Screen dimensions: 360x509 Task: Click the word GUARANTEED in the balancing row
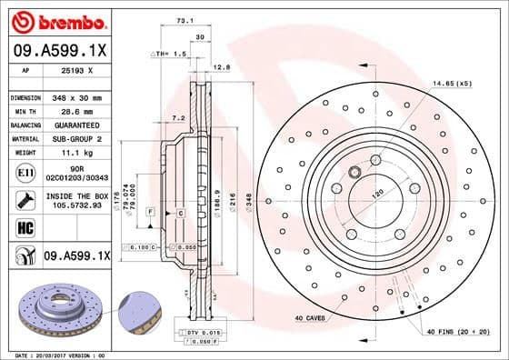point(75,125)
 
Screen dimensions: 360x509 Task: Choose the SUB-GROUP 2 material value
point(75,139)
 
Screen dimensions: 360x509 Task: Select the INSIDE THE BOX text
point(75,195)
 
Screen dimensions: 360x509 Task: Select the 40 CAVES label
point(311,317)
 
